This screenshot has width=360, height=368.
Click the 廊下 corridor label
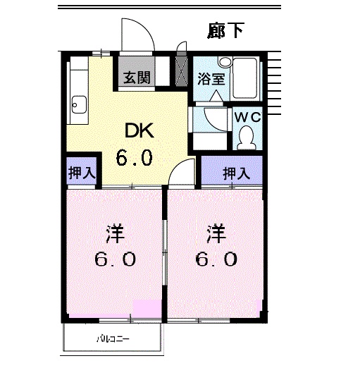click(225, 30)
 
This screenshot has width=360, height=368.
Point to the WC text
click(248, 117)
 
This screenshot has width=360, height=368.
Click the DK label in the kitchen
click(139, 130)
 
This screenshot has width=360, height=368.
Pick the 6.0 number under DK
click(135, 157)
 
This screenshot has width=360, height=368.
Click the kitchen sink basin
click(79, 104)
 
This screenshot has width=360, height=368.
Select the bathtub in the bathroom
click(244, 78)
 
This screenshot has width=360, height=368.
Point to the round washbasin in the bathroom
click(225, 61)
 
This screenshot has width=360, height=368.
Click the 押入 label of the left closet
click(82, 173)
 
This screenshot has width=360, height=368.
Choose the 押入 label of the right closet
click(236, 173)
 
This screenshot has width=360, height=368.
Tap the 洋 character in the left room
click(115, 234)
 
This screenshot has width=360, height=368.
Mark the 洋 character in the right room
click(216, 234)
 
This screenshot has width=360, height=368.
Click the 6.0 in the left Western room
click(116, 259)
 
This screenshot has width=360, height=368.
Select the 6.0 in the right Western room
click(216, 259)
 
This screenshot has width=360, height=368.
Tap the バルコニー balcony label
click(113, 339)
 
